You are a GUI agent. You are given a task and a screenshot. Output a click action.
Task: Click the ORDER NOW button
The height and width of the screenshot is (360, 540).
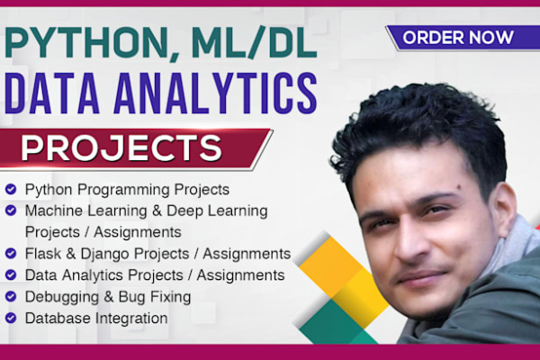458,38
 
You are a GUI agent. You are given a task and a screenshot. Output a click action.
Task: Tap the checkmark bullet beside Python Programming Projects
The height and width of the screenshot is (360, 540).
11,190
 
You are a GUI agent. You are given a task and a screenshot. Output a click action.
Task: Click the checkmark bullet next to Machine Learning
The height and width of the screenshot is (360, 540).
11,211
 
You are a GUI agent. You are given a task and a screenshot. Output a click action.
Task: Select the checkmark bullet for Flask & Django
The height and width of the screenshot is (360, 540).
11,253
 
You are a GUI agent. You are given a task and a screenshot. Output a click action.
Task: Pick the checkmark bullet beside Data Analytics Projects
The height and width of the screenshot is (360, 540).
11,274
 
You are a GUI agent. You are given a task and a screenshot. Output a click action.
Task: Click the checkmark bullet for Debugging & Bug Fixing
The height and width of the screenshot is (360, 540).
11,296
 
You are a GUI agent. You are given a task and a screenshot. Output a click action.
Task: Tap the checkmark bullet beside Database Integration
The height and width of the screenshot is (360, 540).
11,318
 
